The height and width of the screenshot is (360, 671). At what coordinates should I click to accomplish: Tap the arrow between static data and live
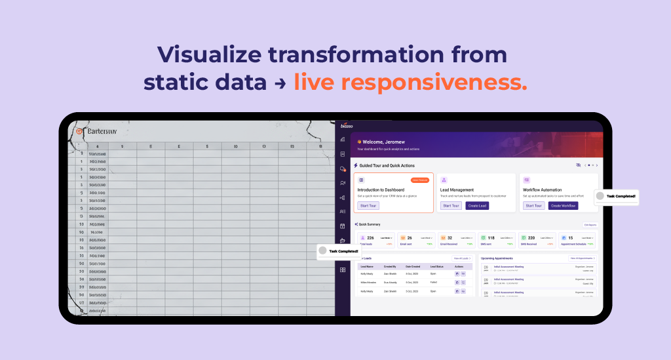pos(280,83)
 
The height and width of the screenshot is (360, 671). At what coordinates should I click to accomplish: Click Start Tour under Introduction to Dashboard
pos(368,205)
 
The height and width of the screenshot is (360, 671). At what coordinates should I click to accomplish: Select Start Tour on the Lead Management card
pos(451,205)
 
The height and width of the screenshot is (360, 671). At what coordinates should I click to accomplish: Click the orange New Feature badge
pos(420,180)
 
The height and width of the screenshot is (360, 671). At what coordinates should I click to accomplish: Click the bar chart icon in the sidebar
pos(342,139)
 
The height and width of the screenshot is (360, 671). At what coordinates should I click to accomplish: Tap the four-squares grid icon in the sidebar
pos(342,270)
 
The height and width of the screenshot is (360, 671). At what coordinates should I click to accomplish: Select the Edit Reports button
pos(590,224)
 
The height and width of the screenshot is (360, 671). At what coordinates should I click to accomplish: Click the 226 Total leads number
pos(370,238)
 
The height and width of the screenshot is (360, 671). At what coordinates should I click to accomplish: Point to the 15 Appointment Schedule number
pos(570,238)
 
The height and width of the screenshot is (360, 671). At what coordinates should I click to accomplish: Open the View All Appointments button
pos(583,258)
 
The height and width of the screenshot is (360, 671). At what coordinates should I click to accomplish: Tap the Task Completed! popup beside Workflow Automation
pos(616,196)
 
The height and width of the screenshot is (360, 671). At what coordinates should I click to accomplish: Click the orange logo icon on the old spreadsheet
pos(80,130)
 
